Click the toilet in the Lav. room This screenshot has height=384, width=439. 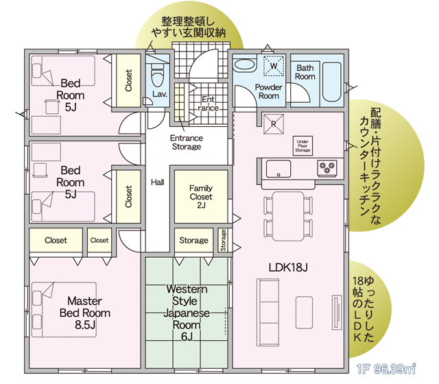157,74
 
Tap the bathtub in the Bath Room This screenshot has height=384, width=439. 332,82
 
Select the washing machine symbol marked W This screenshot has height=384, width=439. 274,66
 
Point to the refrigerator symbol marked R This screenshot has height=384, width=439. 274,124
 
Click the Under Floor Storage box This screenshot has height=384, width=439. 302,146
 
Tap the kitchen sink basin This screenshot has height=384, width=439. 278,169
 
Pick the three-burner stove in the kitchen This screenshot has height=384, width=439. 327,169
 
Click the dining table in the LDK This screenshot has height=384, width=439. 288,217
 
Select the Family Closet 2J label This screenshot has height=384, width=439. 201,197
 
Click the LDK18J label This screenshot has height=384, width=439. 288,267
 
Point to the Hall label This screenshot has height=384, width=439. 157,182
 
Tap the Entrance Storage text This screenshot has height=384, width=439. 187,142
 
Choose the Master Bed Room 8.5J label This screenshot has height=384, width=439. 85,313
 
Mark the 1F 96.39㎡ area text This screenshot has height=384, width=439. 385,369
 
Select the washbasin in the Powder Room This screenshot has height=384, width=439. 245,65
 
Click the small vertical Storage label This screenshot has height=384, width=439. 223,240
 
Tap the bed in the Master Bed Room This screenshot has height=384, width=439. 64,309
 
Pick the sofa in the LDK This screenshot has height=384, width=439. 268,313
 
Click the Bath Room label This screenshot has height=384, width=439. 305,72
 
